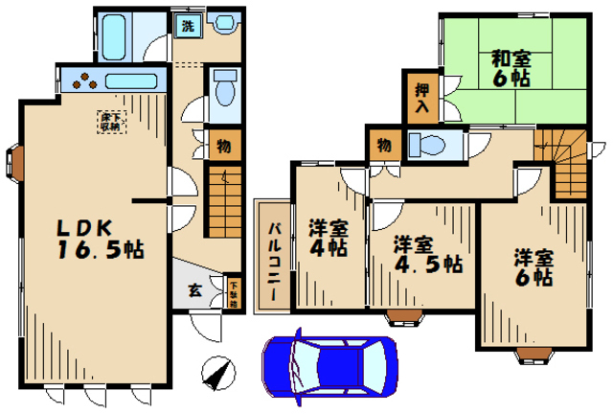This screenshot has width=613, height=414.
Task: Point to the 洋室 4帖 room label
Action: (x=328, y=238)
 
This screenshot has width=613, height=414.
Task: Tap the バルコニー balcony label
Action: (x=273, y=255)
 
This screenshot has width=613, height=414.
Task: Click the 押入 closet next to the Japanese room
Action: (x=420, y=99)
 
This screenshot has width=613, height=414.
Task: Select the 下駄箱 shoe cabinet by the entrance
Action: (x=234, y=292)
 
